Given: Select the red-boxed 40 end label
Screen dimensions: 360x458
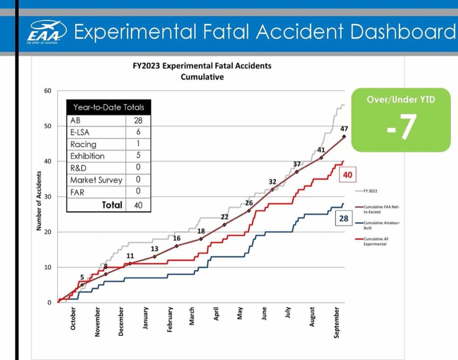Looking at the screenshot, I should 347,175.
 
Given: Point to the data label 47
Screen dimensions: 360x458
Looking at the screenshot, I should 344,128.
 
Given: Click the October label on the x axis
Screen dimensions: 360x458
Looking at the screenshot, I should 73,318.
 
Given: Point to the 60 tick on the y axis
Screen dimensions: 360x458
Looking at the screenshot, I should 48,91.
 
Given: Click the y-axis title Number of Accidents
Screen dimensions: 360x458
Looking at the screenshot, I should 39,201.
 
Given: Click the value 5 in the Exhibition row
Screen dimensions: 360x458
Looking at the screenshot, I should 138,156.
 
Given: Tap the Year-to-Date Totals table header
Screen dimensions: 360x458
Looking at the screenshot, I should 109,107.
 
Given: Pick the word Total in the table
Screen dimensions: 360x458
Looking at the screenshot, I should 112,205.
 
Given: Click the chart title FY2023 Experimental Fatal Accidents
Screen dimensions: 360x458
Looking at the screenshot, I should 202,66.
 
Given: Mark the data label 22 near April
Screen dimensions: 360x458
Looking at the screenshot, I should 225,217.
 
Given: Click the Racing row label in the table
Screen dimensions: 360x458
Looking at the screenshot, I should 83,144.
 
